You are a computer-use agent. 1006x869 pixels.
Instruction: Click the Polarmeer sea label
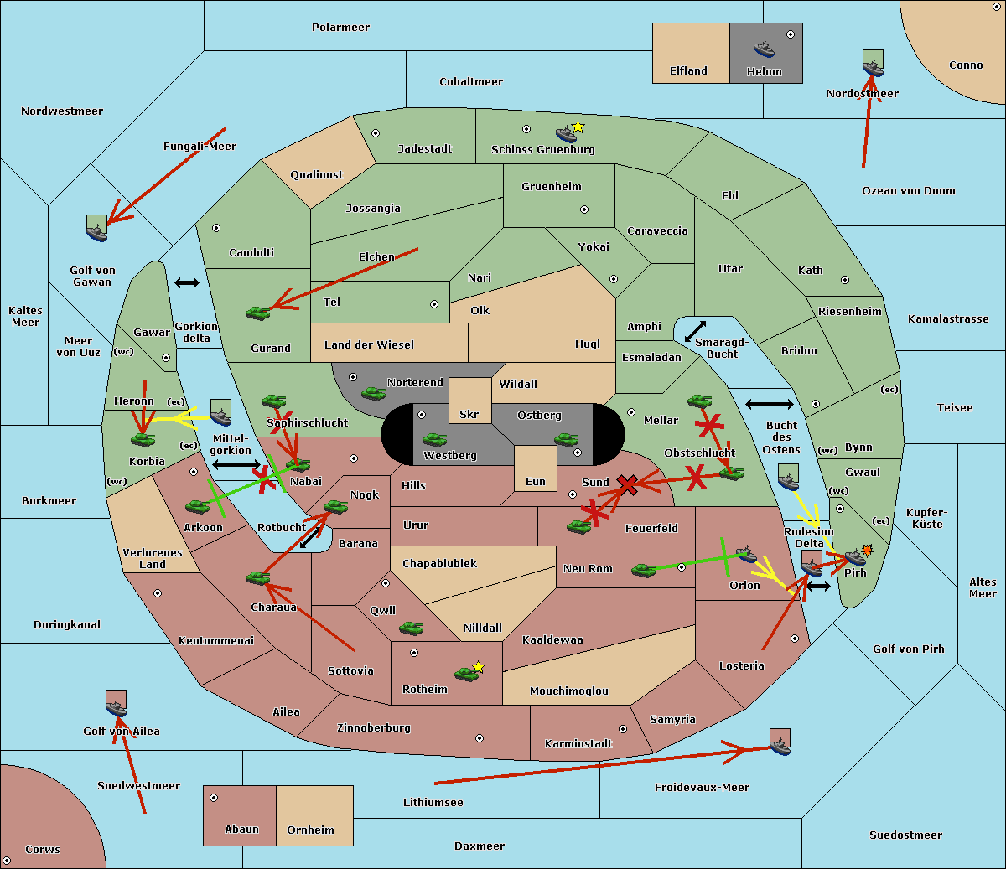340,28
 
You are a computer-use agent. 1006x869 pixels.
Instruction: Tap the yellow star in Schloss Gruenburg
578,127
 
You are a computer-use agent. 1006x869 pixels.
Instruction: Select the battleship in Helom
764,48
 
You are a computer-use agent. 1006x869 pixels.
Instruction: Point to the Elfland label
688,71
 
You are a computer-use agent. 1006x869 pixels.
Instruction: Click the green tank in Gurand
258,313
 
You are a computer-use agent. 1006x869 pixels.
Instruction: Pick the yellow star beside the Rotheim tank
479,667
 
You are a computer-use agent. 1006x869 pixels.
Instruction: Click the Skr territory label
469,414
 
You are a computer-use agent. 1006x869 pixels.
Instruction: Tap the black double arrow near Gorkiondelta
186,282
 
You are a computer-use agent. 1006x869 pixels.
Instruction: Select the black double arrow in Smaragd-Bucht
695,332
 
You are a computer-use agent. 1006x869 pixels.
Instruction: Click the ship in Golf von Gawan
97,229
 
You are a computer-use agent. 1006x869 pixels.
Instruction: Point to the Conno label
966,65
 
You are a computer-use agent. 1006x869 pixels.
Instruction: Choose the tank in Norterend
374,393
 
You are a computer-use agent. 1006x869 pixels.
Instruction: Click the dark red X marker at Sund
627,484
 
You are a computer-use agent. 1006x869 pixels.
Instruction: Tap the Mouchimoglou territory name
569,691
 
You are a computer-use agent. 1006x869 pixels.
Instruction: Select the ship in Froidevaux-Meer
780,742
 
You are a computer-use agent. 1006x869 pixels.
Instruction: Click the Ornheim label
310,830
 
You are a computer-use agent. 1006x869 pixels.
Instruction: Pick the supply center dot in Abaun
214,798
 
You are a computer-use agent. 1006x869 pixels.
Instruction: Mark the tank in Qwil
412,628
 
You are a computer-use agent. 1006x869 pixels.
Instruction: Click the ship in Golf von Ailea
116,705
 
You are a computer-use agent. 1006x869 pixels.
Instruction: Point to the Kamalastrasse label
948,319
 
